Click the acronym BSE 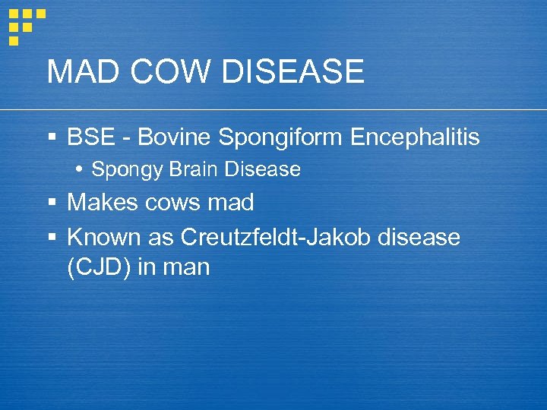(89, 137)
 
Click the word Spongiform (280, 138)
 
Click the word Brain (189, 169)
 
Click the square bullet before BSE (52, 138)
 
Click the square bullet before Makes (52, 203)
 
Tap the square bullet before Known (52, 238)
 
